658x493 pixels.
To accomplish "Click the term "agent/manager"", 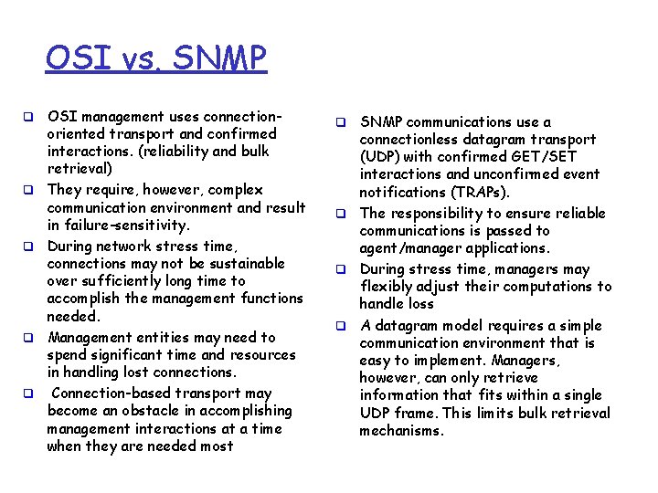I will tap(408, 248).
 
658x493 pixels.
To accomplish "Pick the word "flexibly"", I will tap(387, 287).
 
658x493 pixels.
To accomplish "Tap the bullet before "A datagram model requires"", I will tap(338, 326).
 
